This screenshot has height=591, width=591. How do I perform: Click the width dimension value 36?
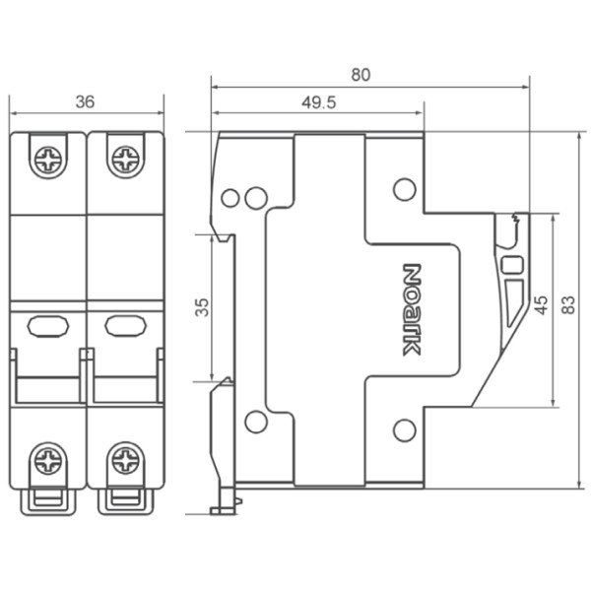[x=86, y=101]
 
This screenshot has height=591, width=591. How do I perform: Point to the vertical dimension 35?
[x=202, y=306]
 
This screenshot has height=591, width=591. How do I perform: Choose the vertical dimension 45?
[x=541, y=306]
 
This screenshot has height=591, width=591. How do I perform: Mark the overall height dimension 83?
[x=567, y=306]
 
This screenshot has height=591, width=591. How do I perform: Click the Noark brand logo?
[x=412, y=308]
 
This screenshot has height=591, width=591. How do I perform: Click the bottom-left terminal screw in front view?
[x=47, y=459]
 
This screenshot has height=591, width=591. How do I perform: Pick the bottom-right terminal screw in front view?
[x=125, y=459]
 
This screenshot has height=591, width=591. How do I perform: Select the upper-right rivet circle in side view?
[x=404, y=188]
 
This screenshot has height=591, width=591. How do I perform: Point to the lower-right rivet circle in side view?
[x=404, y=428]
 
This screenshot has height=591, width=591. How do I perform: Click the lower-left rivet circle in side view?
[x=255, y=422]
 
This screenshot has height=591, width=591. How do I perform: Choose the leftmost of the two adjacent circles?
[x=230, y=198]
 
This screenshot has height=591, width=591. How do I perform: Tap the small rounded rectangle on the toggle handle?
[x=511, y=264]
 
